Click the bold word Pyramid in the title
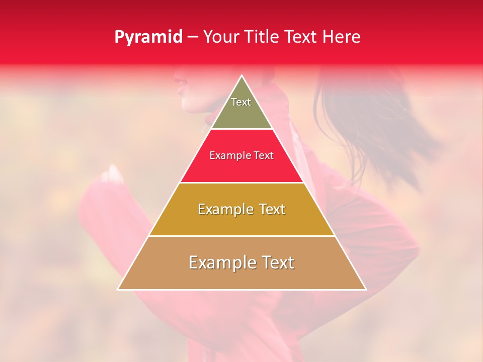148,37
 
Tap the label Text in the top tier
241,102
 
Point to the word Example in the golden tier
223,209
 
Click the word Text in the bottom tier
278,262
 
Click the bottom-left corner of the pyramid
118,289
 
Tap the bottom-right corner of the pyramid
366,289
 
